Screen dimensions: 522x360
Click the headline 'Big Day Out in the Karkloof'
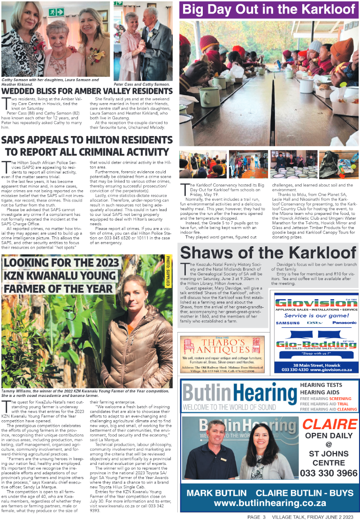[268, 9]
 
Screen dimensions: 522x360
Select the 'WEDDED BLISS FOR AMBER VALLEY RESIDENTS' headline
[87, 91]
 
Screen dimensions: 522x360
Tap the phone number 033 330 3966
[329, 473]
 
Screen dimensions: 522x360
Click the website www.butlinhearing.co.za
[269, 503]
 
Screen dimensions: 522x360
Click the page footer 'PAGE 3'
[257, 517]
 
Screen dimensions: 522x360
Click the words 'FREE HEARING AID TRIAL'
[324, 404]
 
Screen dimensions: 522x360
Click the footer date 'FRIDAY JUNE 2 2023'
[333, 517]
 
